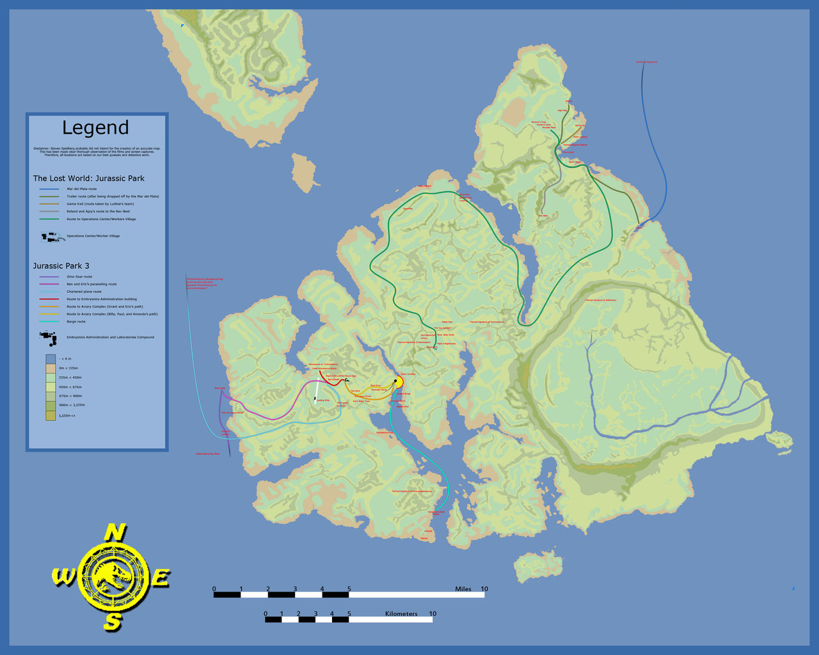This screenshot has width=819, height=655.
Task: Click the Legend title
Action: [95, 128]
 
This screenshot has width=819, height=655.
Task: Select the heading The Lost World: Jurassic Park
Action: [89, 178]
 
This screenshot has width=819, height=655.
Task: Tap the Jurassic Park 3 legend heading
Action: [61, 265]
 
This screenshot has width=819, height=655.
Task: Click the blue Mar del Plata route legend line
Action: [49, 189]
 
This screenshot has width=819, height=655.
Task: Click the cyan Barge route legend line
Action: [49, 322]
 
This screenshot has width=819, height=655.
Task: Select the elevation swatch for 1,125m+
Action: [51, 416]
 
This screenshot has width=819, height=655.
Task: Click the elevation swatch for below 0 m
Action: [51, 359]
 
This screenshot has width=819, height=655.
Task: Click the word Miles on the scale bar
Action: [463, 589]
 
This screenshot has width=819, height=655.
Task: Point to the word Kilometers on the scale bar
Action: [401, 614]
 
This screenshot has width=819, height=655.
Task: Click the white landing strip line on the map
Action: [316, 391]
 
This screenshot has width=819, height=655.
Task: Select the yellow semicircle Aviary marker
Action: [399, 382]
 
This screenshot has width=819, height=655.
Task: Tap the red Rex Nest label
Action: [543, 216]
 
